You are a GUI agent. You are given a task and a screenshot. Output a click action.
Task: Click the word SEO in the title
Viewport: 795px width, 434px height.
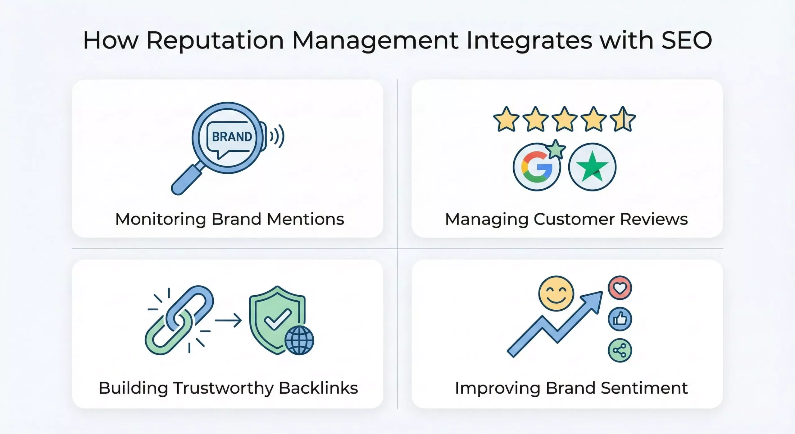pyautogui.click(x=687, y=40)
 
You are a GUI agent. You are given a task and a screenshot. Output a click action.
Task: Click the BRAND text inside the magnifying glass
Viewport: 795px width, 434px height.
pyautogui.click(x=232, y=137)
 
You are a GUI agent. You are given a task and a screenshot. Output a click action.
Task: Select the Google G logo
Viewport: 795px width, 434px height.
pyautogui.click(x=537, y=167)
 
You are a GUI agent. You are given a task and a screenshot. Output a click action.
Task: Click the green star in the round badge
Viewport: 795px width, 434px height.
pyautogui.click(x=592, y=166)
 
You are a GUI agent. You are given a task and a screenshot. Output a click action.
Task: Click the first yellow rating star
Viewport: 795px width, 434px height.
pyautogui.click(x=506, y=119)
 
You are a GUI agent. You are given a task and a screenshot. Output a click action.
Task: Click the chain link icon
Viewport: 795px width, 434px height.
pyautogui.click(x=179, y=320)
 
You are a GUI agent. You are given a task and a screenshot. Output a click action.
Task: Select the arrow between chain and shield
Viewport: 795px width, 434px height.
pyautogui.click(x=228, y=320)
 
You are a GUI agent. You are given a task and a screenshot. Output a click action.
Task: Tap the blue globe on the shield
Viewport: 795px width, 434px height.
pyautogui.click(x=299, y=340)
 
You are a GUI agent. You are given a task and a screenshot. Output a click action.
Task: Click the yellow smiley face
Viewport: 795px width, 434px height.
pyautogui.click(x=556, y=293)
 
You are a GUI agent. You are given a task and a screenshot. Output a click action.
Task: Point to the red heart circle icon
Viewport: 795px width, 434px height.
pyautogui.click(x=620, y=288)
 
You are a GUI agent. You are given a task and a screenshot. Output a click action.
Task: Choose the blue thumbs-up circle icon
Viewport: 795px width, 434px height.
pyautogui.click(x=620, y=319)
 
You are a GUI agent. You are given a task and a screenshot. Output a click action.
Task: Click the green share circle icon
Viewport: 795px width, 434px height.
pyautogui.click(x=620, y=350)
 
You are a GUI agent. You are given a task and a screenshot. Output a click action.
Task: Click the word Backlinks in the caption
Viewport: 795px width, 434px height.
pyautogui.click(x=318, y=388)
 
